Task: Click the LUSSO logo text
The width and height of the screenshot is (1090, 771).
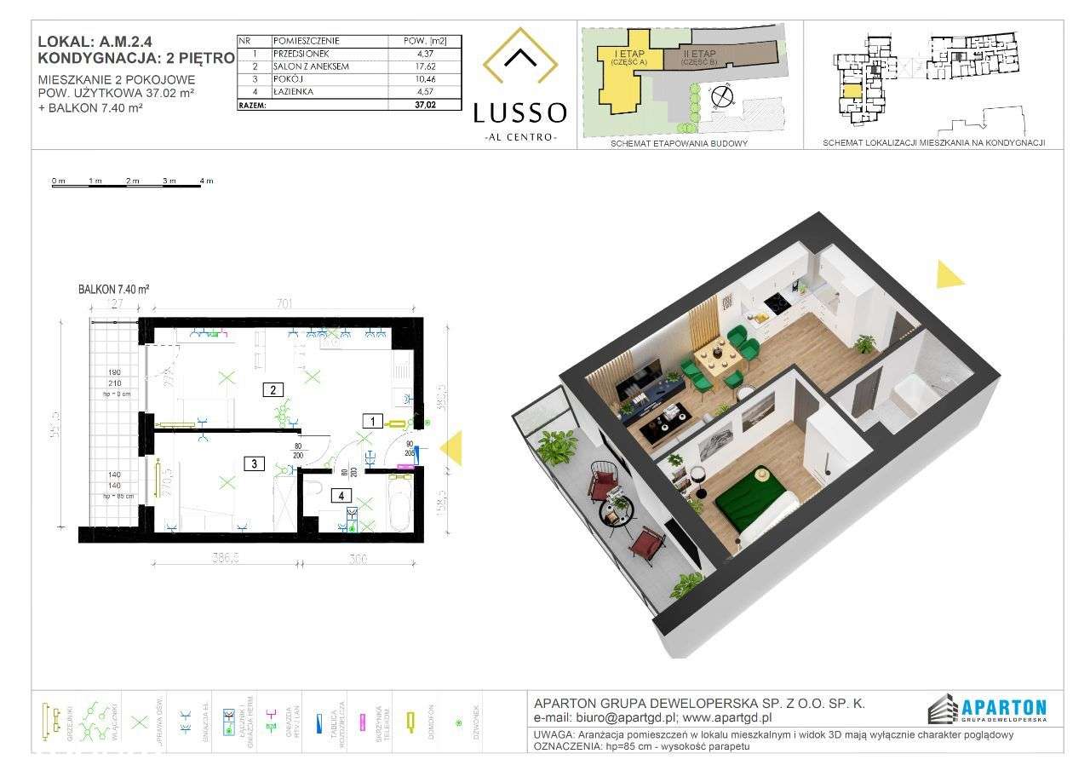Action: click(x=520, y=112)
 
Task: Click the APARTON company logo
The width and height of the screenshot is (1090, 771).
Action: click(x=987, y=707)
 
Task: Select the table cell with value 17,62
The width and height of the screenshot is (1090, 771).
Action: click(x=424, y=66)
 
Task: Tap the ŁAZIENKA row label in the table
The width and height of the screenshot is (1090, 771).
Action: click(x=294, y=91)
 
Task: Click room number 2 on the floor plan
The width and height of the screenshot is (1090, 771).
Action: click(x=272, y=390)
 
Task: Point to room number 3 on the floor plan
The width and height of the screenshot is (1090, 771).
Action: click(x=254, y=464)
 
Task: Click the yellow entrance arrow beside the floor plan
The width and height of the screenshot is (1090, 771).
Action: click(x=451, y=448)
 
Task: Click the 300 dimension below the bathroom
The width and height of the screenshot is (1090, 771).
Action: click(x=357, y=561)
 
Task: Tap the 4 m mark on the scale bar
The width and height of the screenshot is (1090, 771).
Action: click(x=206, y=181)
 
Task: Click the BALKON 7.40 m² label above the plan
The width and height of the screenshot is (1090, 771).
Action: click(x=114, y=290)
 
